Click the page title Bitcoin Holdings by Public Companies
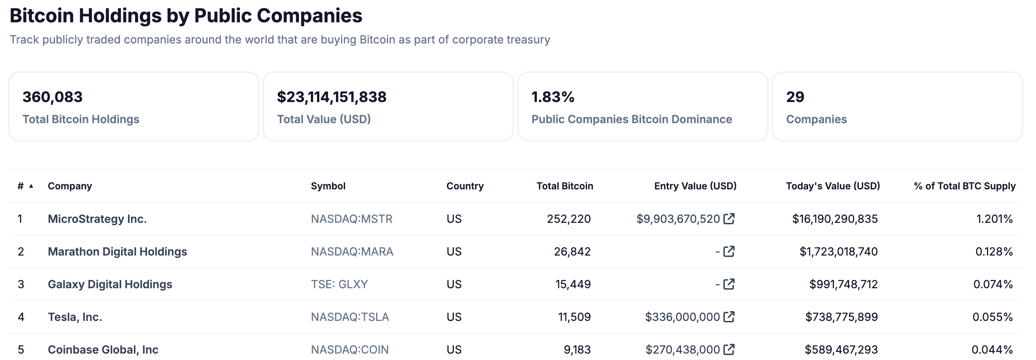[x=186, y=16]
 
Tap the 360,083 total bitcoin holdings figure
[x=52, y=97]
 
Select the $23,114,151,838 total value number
[x=332, y=97]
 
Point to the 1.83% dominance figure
[x=553, y=97]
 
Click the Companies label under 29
[x=816, y=120]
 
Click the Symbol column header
[x=328, y=186]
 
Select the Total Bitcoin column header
[x=564, y=186]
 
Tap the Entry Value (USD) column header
[x=695, y=186]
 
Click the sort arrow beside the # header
[x=31, y=186]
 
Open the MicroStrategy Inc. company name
[x=97, y=219]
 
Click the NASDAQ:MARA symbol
[x=352, y=252]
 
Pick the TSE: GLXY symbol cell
[x=339, y=284]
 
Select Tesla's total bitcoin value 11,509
[x=574, y=317]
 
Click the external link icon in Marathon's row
[x=729, y=252]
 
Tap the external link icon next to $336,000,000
[x=729, y=317]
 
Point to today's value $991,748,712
[x=844, y=284]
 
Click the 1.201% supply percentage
[x=994, y=219]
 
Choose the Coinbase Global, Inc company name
[x=103, y=350]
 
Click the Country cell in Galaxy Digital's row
[x=454, y=284]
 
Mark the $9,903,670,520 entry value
[x=678, y=219]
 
